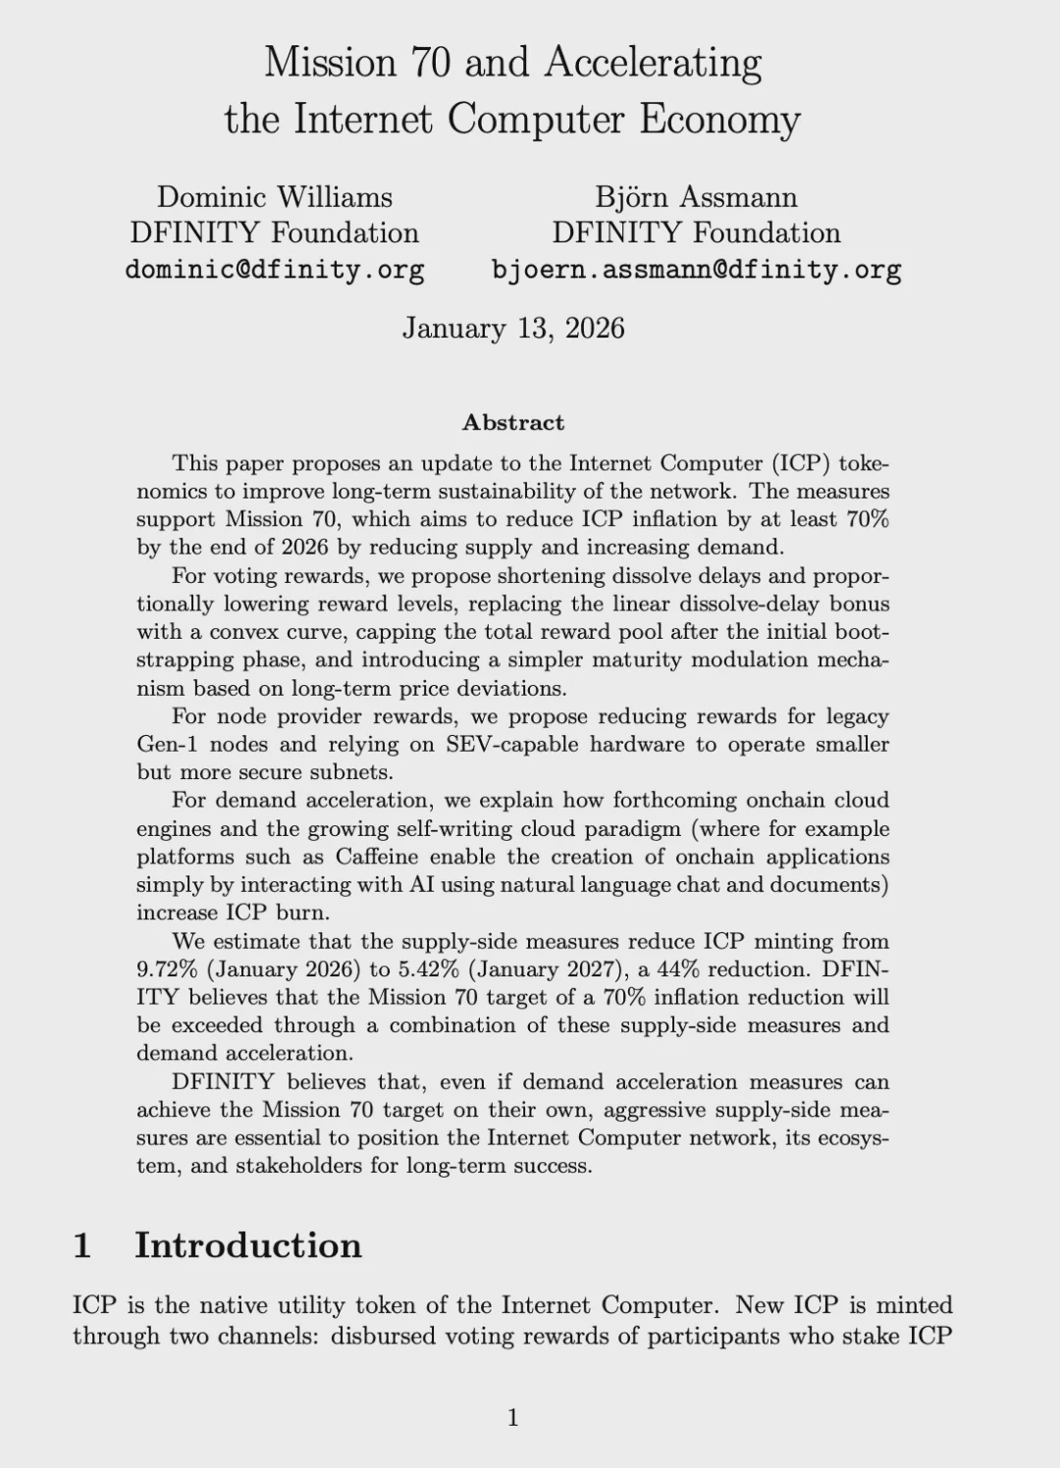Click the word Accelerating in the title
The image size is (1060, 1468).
[653, 64]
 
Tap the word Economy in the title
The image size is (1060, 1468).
[720, 120]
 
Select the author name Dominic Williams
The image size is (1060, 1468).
[274, 197]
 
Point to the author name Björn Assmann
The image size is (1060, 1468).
[696, 197]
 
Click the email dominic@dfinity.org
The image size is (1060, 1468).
[274, 269]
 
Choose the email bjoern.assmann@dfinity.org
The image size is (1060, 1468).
[696, 269]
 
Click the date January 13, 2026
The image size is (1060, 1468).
[513, 328]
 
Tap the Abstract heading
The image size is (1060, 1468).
[513, 423]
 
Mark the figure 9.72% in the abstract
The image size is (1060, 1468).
[168, 970]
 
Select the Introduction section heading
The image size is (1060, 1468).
[247, 1245]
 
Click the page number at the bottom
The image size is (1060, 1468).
[512, 1417]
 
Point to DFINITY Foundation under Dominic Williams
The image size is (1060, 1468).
[274, 233]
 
